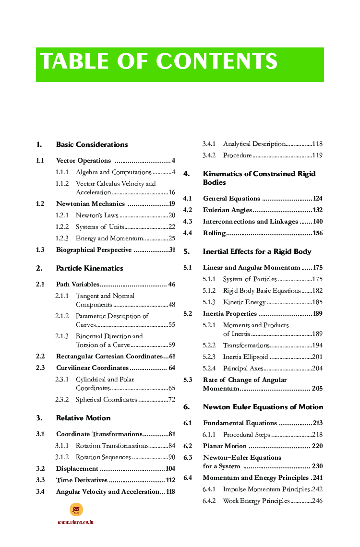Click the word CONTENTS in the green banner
[216, 62]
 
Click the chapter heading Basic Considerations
[92, 144]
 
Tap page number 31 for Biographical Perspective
[172, 250]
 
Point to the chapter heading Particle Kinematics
[89, 268]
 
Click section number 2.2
[40, 357]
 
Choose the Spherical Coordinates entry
[106, 400]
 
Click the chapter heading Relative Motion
[83, 418]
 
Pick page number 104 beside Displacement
[170, 469]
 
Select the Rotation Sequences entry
[103, 457]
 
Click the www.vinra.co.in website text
[75, 522]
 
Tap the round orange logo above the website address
[76, 510]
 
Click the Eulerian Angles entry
[227, 210]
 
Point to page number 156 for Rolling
[317, 233]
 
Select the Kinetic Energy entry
[244, 302]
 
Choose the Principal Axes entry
[243, 369]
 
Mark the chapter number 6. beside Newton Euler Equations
[186, 407]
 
